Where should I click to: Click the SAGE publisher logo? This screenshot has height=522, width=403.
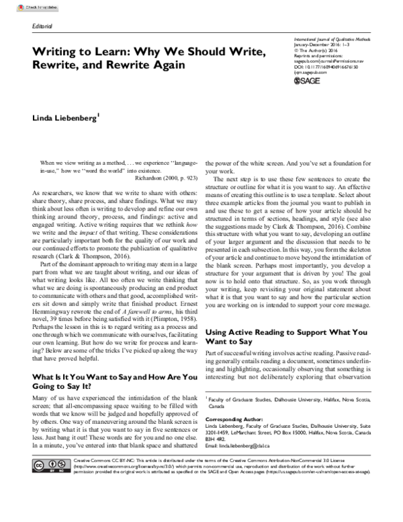311,89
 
